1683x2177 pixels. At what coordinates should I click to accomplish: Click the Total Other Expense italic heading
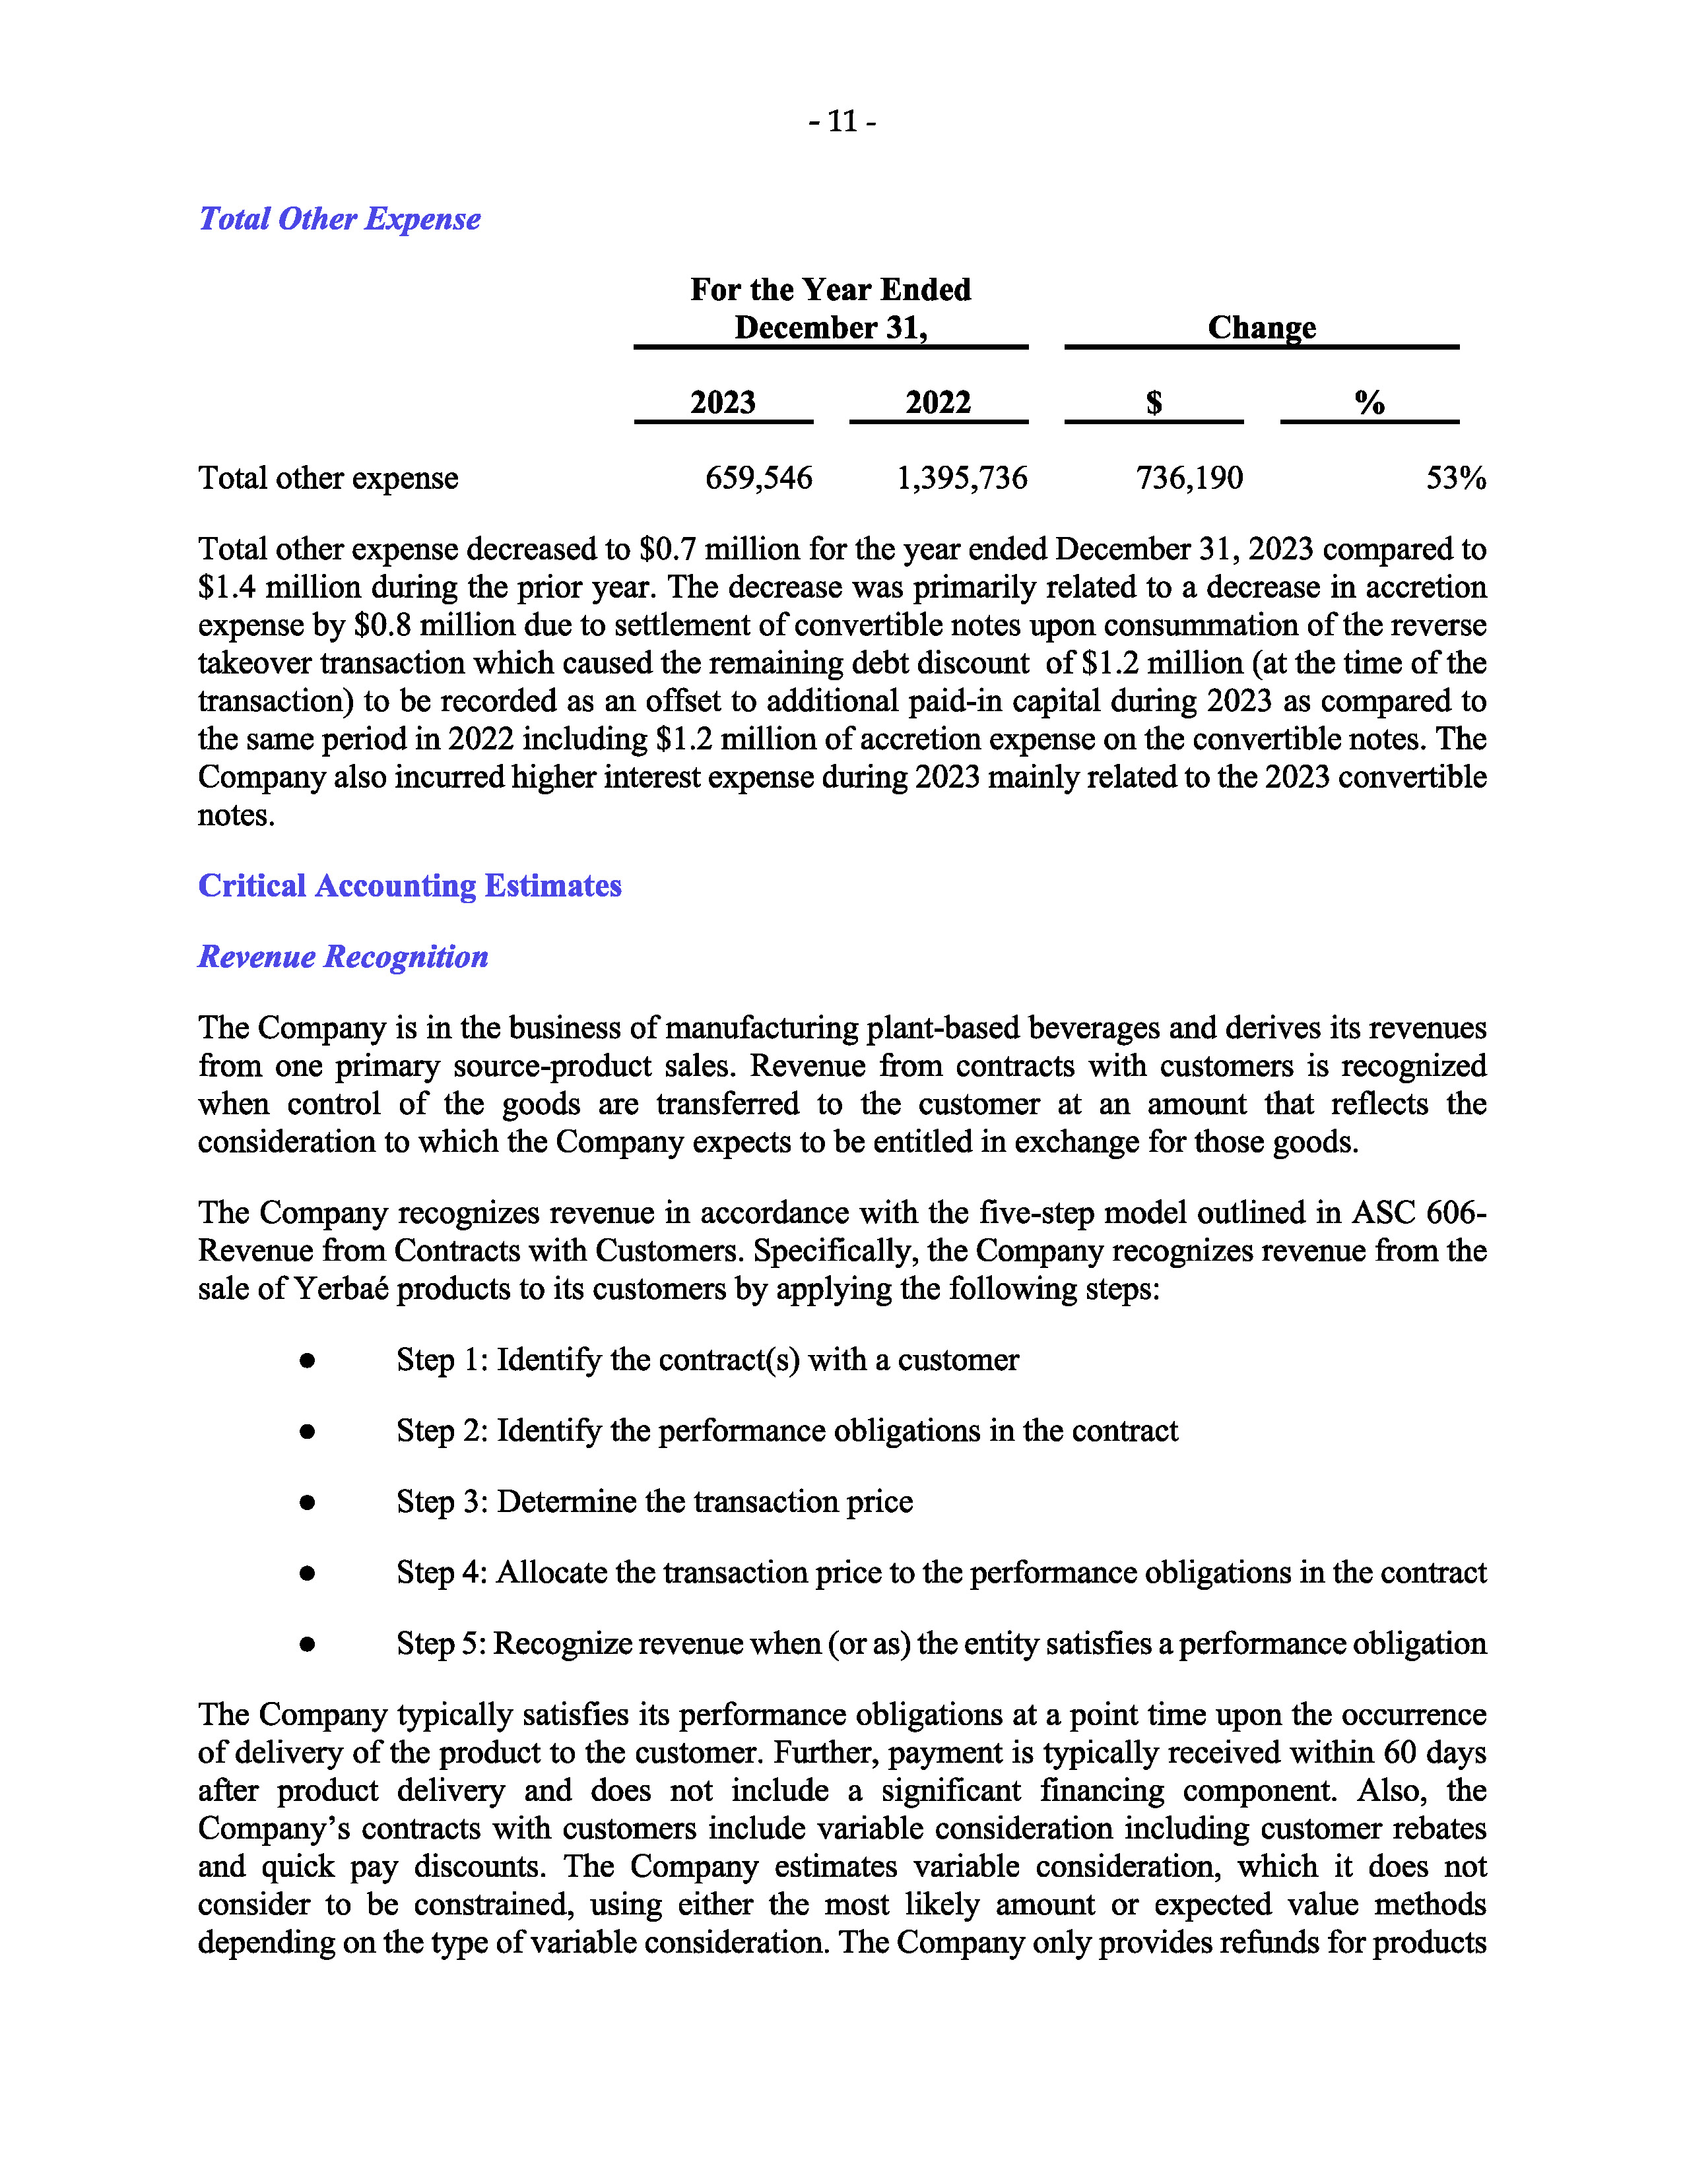(339, 218)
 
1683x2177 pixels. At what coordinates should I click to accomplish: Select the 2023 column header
(723, 402)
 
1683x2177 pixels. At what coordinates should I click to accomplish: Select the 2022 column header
(937, 402)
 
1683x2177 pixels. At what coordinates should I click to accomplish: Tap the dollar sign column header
(1154, 402)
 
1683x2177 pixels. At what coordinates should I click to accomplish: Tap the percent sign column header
(1369, 402)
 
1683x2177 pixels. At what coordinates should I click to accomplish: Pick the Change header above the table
(1261, 327)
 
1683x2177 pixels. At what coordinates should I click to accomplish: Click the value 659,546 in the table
(759, 478)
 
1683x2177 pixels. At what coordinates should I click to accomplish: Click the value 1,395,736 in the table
(961, 478)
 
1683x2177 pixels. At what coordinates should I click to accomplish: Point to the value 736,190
(1189, 478)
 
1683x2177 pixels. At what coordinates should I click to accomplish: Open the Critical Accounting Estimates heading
(410, 885)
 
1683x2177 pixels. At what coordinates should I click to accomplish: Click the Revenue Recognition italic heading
(343, 957)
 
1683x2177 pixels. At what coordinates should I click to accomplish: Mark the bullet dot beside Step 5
(307, 1644)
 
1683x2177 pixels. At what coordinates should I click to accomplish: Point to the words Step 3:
(442, 1501)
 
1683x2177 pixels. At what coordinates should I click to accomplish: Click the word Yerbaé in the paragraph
(342, 1289)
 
